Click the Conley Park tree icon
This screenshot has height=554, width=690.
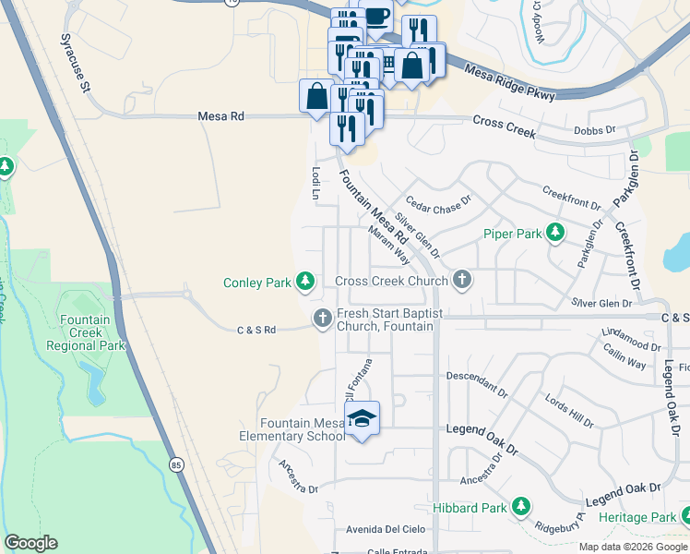coord(305,281)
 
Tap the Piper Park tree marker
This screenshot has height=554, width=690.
coord(555,234)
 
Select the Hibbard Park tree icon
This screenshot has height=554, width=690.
coord(521,507)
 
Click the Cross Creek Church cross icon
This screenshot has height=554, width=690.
coord(462,280)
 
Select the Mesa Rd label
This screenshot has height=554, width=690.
coord(221,117)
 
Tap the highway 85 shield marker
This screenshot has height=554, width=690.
coord(175,464)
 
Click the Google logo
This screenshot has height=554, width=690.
coord(30,543)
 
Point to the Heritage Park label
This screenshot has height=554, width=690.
coord(636,518)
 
